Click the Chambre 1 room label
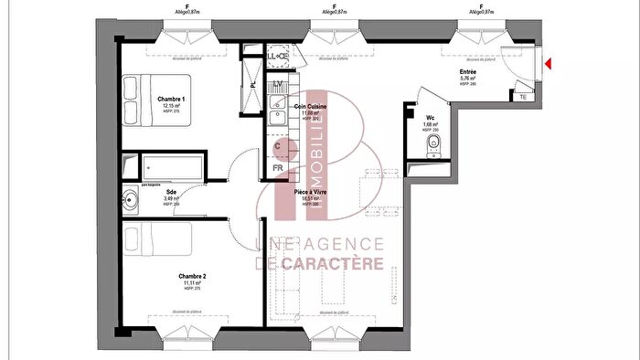coord(171,99)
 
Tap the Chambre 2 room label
coord(192,276)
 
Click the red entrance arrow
coord(549,63)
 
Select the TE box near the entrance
coord(522,96)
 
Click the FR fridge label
coord(279,167)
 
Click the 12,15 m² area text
coord(171,106)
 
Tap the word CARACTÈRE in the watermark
coord(322,264)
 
